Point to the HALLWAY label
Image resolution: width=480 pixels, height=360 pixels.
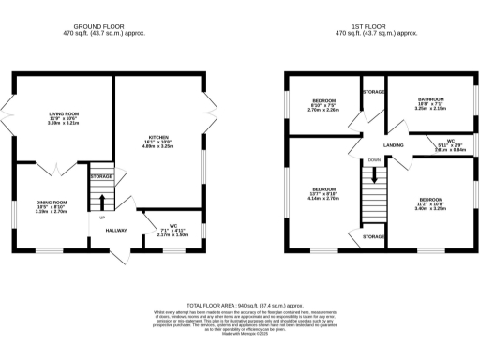(116, 231)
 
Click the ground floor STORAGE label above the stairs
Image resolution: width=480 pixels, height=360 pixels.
(101, 176)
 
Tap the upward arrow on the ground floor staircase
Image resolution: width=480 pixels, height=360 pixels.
(101, 201)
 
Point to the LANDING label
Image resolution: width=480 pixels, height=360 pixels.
(393, 146)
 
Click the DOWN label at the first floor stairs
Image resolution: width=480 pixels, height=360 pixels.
(374, 160)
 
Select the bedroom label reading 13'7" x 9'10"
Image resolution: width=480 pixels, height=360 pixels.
(322, 188)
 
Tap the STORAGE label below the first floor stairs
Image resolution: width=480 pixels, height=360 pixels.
(373, 238)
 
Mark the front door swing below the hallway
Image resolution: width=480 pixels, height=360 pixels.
(119, 258)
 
